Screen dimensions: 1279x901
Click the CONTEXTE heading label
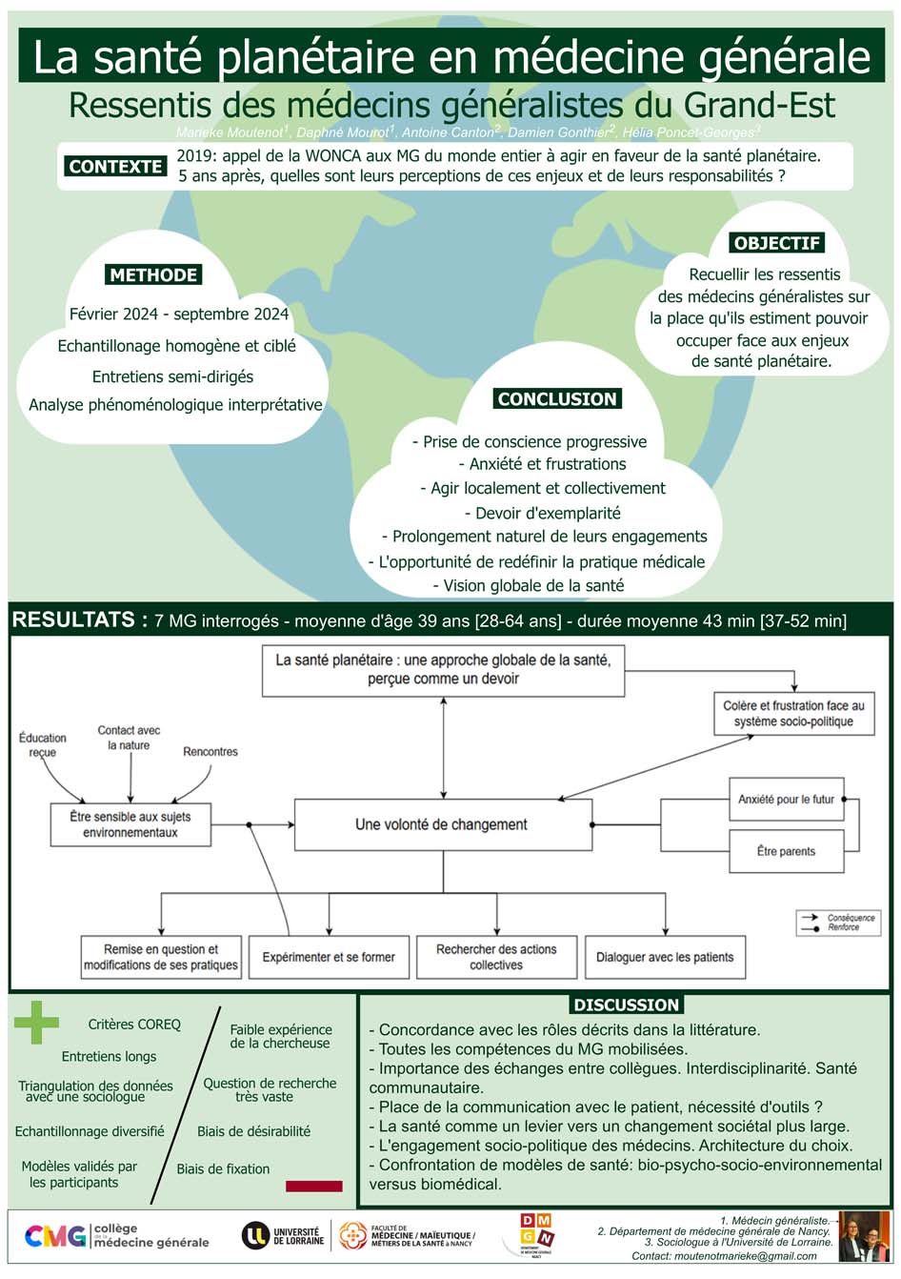coord(115,166)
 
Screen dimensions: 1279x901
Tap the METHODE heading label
coord(153,275)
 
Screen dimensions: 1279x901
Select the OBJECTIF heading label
coord(777,243)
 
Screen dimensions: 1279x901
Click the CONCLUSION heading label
coord(557,399)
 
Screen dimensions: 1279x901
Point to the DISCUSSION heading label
coord(626,1005)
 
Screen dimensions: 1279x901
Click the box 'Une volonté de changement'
coord(443,824)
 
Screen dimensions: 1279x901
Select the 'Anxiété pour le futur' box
coord(786,800)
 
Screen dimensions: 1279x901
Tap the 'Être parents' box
coord(786,851)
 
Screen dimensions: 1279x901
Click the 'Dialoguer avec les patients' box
coord(665,957)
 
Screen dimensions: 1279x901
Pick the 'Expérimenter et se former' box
coord(329,957)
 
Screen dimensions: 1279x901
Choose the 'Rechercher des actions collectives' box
coord(496,957)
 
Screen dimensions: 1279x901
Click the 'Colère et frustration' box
coord(793,714)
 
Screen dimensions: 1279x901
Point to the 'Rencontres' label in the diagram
coord(210,752)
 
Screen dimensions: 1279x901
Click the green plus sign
coord(36,1024)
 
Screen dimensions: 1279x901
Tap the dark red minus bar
coord(313,1187)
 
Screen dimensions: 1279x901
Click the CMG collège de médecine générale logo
coord(116,1236)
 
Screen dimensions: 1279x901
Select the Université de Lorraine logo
coord(283,1236)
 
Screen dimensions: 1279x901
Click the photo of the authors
coord(864,1236)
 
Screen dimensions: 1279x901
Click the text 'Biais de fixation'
coord(223,1168)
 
